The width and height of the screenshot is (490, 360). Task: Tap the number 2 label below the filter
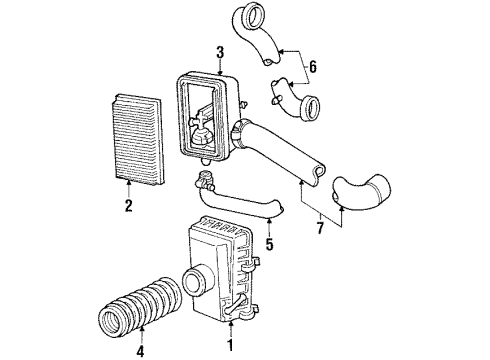(x=128, y=206)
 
